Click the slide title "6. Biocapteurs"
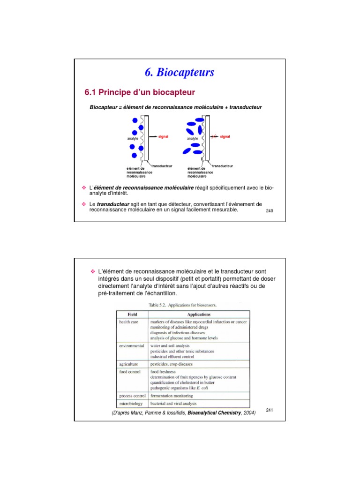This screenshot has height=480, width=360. click(180, 73)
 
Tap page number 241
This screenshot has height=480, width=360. click(269, 410)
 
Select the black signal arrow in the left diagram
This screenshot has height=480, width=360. click(153, 136)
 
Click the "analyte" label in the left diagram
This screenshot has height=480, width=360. click(133, 139)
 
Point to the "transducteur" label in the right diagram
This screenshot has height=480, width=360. click(222, 166)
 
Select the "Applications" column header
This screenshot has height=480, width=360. click(199, 314)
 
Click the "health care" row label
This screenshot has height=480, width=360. click(128, 322)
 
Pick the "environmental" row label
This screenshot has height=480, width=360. click(131, 346)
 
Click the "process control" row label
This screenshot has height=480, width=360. click(133, 396)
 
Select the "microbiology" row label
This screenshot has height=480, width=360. click(131, 404)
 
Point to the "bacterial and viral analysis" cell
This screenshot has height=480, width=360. click(173, 404)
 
